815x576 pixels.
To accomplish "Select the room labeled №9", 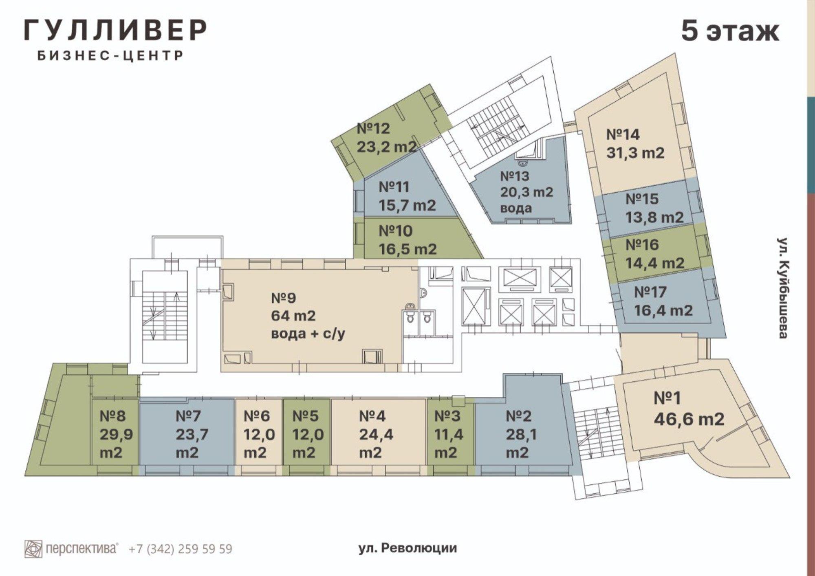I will point(308,316).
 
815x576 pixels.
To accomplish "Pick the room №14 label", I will point(635,143).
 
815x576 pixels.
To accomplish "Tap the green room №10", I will point(407,240).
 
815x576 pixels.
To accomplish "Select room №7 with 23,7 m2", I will point(187,434).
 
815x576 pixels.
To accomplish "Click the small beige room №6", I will point(258,434).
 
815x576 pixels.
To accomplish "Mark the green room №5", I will point(307,434).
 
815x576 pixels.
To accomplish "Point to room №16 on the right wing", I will point(654,253).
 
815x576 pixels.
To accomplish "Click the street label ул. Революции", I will point(407,548).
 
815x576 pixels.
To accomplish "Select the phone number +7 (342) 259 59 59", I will point(181,549).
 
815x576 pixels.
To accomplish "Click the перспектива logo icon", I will point(33,549).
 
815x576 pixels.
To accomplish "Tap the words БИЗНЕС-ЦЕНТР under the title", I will point(110,56).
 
